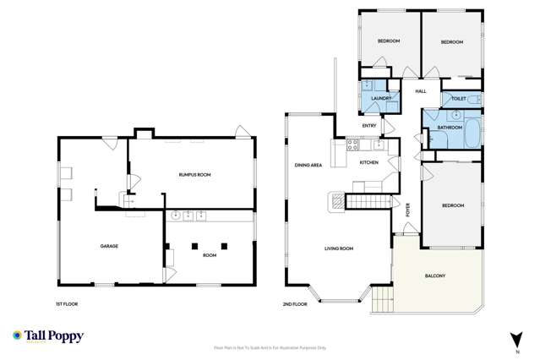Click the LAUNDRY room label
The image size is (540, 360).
pos(378,99)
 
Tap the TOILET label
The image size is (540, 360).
pos(458,99)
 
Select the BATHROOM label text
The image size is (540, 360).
pos(449,128)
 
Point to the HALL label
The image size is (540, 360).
pos(420,90)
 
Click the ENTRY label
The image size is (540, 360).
pos(369,126)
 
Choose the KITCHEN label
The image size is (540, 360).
pos(369,162)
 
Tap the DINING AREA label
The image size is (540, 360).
pos(308,165)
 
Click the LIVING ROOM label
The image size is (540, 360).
pos(339,248)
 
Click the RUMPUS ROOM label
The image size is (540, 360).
pos(194,174)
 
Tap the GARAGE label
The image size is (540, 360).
pos(108,246)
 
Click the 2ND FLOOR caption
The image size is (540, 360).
pos(295,302)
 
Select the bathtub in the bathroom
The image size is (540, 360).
pos(471,132)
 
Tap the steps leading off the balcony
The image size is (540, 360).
pos(381,297)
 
